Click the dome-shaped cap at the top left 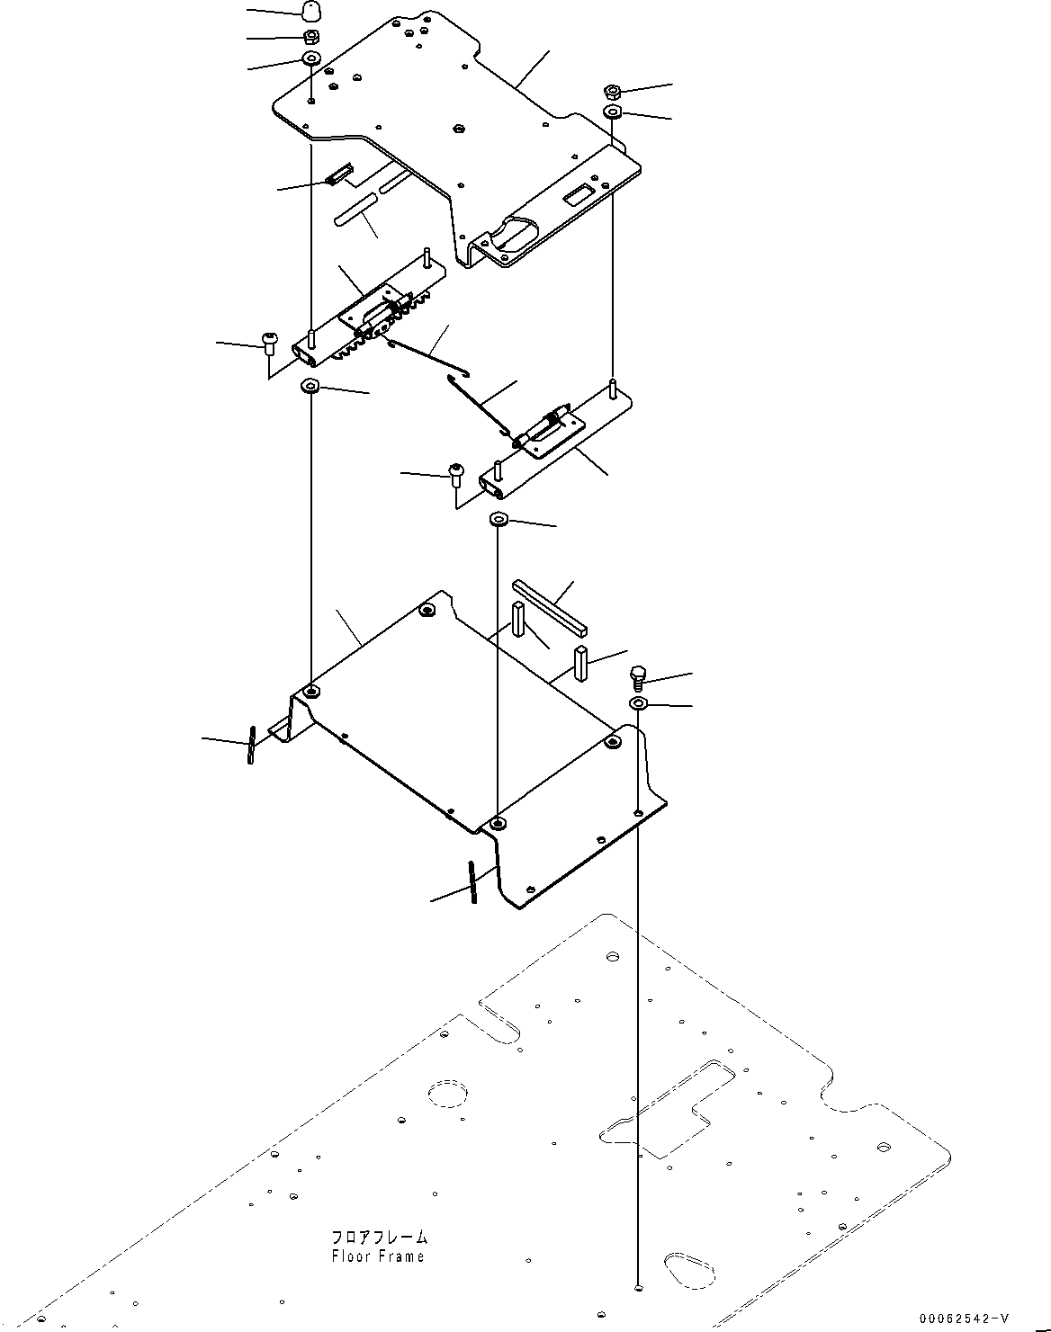pos(310,13)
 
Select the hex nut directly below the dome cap pos(310,37)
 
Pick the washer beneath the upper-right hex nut pos(612,112)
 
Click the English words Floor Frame pos(378,1256)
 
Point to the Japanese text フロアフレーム pos(379,1238)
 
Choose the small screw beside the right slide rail pos(456,471)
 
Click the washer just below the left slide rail pos(310,387)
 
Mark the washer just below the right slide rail pos(499,520)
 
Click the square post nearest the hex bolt pos(581,665)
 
